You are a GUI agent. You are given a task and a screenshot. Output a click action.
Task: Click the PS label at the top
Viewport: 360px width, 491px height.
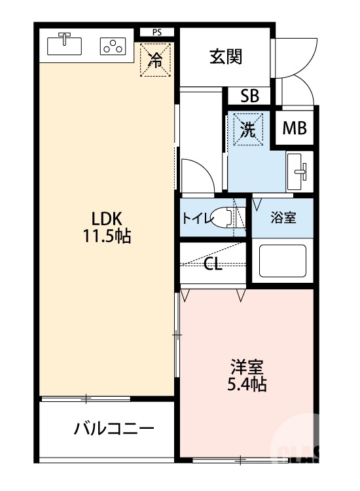tap(157, 31)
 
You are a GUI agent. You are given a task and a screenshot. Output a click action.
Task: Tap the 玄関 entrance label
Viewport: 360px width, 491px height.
tap(226, 58)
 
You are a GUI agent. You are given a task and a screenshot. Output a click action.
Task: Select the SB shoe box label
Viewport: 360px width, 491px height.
tap(249, 96)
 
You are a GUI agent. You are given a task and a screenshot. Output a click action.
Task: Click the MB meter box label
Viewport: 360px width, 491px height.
tap(294, 128)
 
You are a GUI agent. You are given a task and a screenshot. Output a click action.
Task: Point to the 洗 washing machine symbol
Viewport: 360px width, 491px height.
tap(248, 129)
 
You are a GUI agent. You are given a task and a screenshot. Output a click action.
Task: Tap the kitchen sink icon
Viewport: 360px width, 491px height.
tap(65, 45)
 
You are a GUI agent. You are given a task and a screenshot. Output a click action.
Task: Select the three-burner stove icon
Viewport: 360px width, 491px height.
tap(113, 46)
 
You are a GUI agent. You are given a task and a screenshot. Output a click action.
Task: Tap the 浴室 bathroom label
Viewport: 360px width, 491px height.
tap(283, 218)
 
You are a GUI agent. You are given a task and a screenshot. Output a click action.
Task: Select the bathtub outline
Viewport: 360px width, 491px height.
tap(283, 261)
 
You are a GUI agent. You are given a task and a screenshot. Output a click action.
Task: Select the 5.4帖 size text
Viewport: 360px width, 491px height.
tap(247, 384)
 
